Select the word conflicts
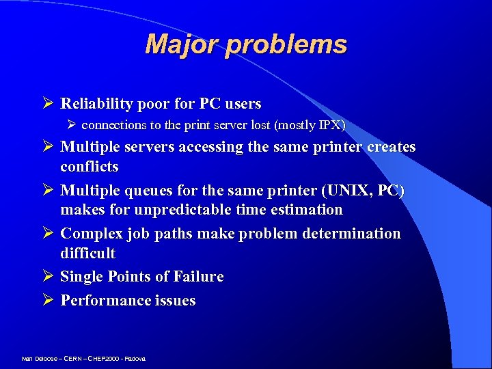[x=90, y=167]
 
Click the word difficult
[x=88, y=254]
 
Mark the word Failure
[x=198, y=277]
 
